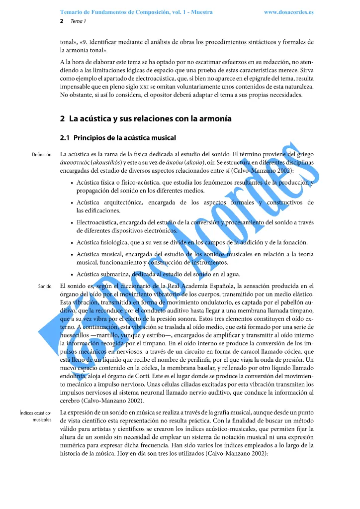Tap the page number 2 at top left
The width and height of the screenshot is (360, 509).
[x=62, y=21]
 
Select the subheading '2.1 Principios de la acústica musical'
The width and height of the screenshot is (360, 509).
[x=118, y=137]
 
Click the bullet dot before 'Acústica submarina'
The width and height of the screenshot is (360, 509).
[x=73, y=275]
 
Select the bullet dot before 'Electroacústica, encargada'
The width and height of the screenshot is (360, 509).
[x=73, y=223]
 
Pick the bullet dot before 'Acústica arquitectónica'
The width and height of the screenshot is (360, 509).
[x=73, y=203]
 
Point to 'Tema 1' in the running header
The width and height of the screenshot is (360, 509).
[x=79, y=21]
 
